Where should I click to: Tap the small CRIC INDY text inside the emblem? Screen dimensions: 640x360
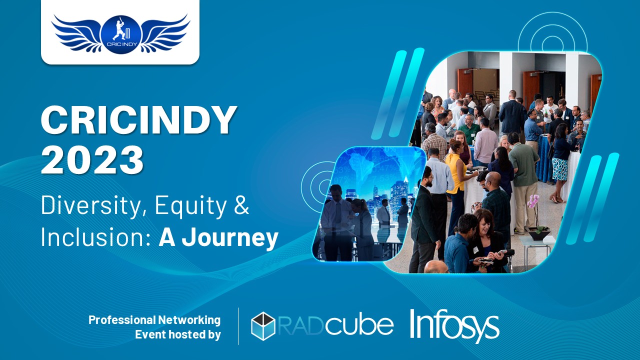[x=121, y=44]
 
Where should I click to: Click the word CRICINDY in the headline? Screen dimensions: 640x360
[x=139, y=120]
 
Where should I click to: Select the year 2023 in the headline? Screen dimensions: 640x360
[x=92, y=159]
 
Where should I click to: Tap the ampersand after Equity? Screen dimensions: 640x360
[x=241, y=205]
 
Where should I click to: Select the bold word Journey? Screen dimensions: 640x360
[x=230, y=238]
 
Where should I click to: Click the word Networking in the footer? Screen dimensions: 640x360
[x=189, y=320]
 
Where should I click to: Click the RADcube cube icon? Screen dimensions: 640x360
[x=263, y=326]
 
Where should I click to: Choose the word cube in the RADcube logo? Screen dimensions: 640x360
[x=359, y=325]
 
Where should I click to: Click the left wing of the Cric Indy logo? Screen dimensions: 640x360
[x=76, y=33]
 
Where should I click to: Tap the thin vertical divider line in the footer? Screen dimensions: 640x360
[x=238, y=326]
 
